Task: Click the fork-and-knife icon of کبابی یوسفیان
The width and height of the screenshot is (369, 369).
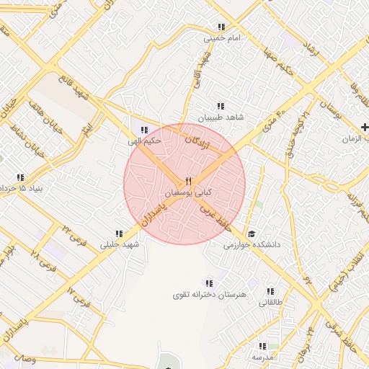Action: (x=188, y=181)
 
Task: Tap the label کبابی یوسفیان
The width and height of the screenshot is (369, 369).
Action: (x=189, y=194)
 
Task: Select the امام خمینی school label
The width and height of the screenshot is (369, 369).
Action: (x=221, y=38)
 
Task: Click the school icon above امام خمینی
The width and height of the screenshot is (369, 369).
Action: (x=221, y=27)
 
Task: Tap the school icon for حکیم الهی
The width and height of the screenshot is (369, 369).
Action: (x=144, y=130)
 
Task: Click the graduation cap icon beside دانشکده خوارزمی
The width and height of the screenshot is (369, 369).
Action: (x=252, y=234)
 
